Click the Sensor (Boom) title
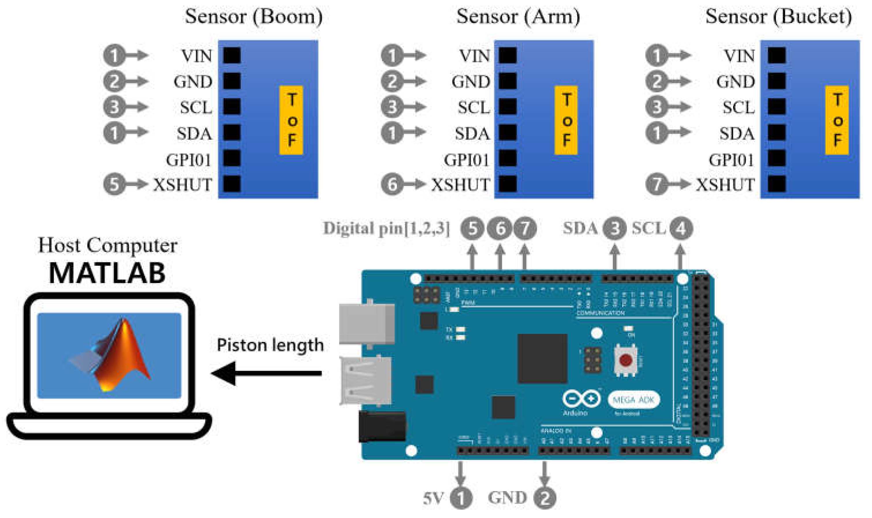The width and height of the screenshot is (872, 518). pyautogui.click(x=254, y=16)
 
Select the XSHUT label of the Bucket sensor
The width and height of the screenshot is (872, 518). pyautogui.click(x=725, y=185)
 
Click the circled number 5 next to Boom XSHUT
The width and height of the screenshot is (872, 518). pyautogui.click(x=114, y=184)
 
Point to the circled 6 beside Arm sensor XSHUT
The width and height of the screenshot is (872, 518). pyautogui.click(x=392, y=184)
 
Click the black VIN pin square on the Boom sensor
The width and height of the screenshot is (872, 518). pyautogui.click(x=232, y=55)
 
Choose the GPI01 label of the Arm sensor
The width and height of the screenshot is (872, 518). pyautogui.click(x=467, y=160)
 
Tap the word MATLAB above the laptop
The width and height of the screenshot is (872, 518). pyautogui.click(x=107, y=273)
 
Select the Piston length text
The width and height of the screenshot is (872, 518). pyautogui.click(x=270, y=345)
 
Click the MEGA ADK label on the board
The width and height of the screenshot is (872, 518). pyautogui.click(x=633, y=400)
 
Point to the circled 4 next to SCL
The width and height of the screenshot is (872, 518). pyautogui.click(x=681, y=229)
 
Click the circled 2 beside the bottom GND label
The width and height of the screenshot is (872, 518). pyautogui.click(x=545, y=498)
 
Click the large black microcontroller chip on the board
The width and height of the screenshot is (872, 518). pyautogui.click(x=542, y=358)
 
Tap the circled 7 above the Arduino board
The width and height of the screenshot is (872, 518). pyautogui.click(x=525, y=229)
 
